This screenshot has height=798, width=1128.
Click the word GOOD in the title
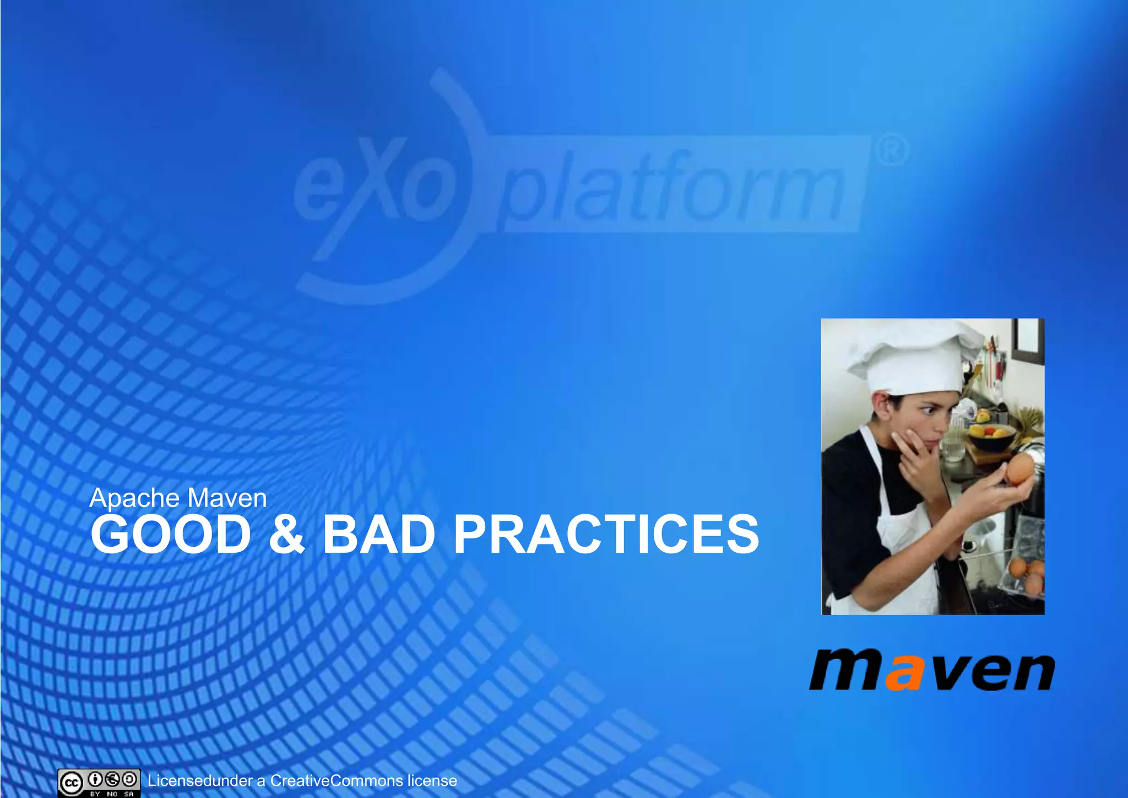pyautogui.click(x=171, y=534)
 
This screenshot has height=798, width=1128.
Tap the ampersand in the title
pyautogui.click(x=286, y=534)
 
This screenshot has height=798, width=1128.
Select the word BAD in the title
pyautogui.click(x=379, y=534)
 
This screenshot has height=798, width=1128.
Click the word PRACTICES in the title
pyautogui.click(x=606, y=534)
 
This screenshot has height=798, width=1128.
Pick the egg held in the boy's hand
pyautogui.click(x=1019, y=468)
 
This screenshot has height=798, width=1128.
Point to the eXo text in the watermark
pyautogui.click(x=375, y=187)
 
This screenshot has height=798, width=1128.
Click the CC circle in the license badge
pyautogui.click(x=72, y=783)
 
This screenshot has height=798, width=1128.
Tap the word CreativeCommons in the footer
pyautogui.click(x=337, y=781)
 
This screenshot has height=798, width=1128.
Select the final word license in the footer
pyautogui.click(x=432, y=781)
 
